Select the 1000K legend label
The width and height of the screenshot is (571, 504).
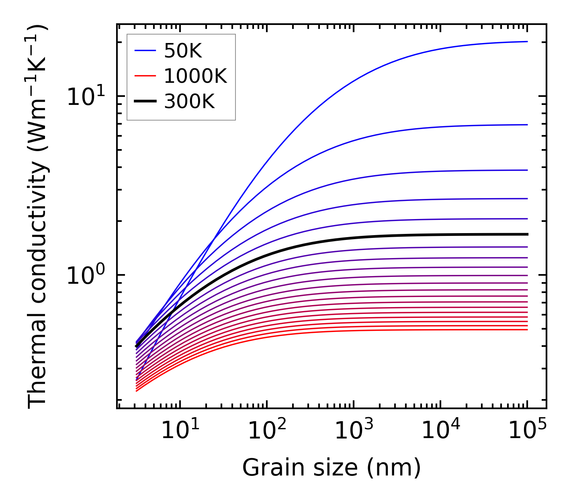(x=195, y=76)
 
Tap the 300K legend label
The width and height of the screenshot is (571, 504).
(x=189, y=102)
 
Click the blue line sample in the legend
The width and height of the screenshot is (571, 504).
(x=145, y=51)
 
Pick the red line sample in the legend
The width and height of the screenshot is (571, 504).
(x=145, y=76)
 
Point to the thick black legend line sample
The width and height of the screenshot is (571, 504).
(x=145, y=102)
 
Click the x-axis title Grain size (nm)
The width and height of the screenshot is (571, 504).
(x=332, y=468)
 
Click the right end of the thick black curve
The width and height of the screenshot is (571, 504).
(x=527, y=234)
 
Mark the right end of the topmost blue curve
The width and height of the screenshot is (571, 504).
(x=527, y=41)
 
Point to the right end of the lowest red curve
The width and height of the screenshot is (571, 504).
(x=527, y=330)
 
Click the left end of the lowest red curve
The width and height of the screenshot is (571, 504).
(x=137, y=391)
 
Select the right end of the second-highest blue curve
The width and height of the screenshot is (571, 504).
(x=527, y=125)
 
